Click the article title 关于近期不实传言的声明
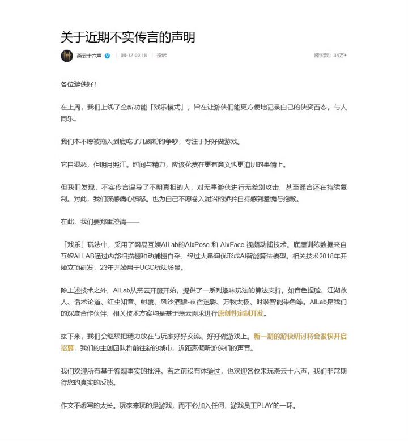pos(128,37)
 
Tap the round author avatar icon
pos(67,56)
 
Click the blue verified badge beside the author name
pos(108,56)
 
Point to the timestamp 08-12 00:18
pos(134,56)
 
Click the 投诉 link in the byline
pos(161,56)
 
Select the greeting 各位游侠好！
pos(79,84)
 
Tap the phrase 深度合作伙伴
pos(79,313)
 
